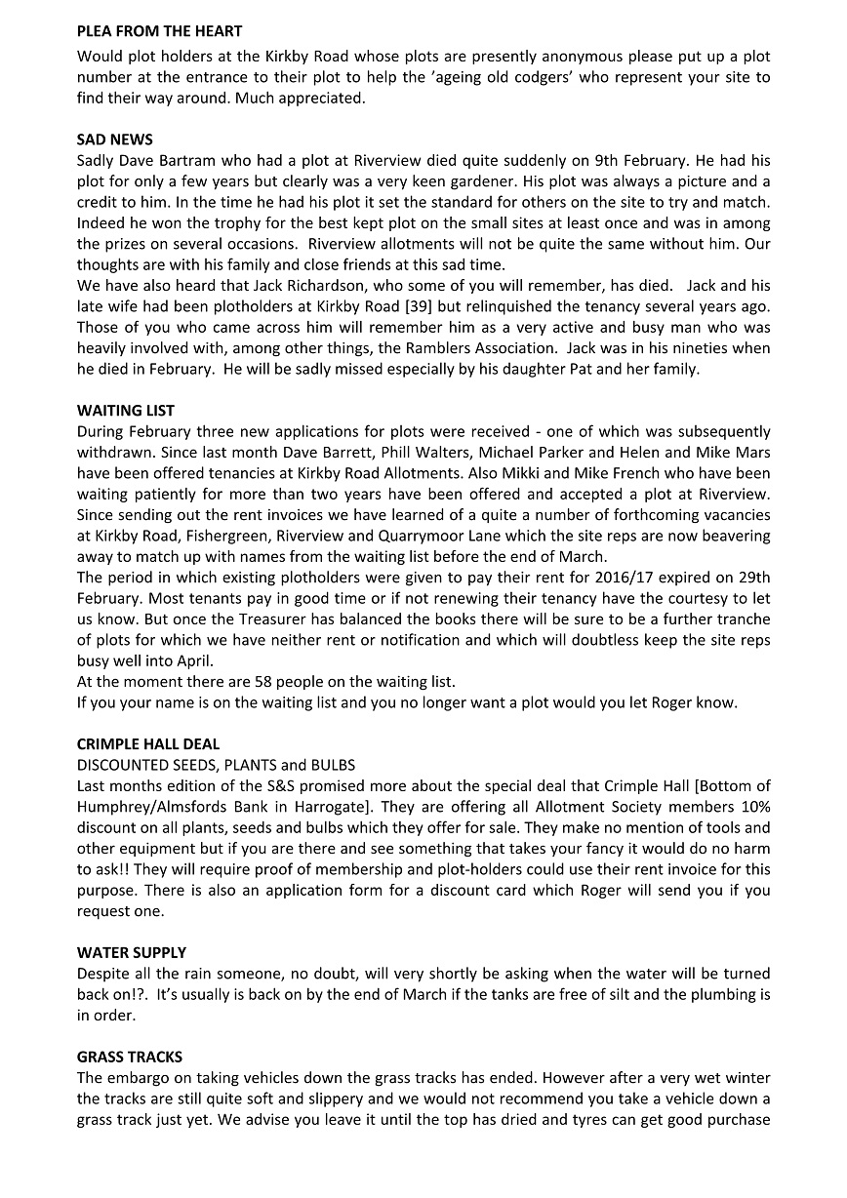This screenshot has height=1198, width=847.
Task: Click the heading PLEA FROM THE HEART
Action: tap(159, 32)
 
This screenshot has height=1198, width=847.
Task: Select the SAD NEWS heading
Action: tap(114, 140)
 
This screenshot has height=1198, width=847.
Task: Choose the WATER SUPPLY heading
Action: tap(132, 952)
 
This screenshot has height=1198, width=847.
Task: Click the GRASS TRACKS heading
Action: tap(130, 1057)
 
